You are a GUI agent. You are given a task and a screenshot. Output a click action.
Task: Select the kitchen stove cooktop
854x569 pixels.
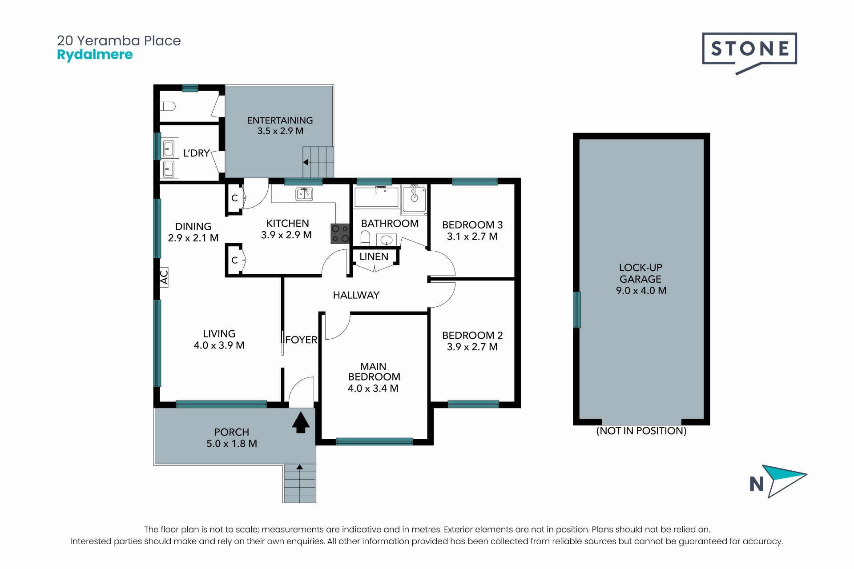[340, 233]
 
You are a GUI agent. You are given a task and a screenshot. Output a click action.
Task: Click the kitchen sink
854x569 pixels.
[304, 194]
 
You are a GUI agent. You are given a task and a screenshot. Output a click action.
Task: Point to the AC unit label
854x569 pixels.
[164, 277]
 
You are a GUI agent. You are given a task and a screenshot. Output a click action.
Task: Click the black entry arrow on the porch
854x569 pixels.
[301, 422]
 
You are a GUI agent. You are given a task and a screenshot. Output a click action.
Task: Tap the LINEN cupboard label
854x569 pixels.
[374, 256]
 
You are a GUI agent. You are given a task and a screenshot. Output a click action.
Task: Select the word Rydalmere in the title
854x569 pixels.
[95, 55]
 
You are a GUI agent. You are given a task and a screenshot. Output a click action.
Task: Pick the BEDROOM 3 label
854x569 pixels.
[472, 225]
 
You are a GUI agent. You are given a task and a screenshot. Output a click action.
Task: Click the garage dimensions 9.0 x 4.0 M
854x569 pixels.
[641, 291]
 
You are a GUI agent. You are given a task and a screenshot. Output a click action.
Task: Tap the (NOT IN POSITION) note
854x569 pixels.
[641, 431]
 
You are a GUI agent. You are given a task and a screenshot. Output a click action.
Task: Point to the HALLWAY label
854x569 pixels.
[356, 295]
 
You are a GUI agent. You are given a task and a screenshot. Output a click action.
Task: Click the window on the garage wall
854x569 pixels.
[577, 309]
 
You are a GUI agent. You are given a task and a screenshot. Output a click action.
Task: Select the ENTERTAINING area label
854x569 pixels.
[280, 120]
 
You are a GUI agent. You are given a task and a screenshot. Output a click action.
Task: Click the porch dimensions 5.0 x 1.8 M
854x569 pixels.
[232, 444]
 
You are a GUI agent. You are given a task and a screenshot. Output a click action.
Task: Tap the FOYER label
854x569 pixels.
[301, 340]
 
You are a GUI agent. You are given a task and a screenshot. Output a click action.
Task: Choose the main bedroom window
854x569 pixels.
[375, 441]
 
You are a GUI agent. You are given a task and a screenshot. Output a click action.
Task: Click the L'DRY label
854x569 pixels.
[197, 153]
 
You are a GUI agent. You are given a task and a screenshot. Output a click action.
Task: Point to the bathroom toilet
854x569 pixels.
[365, 237]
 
